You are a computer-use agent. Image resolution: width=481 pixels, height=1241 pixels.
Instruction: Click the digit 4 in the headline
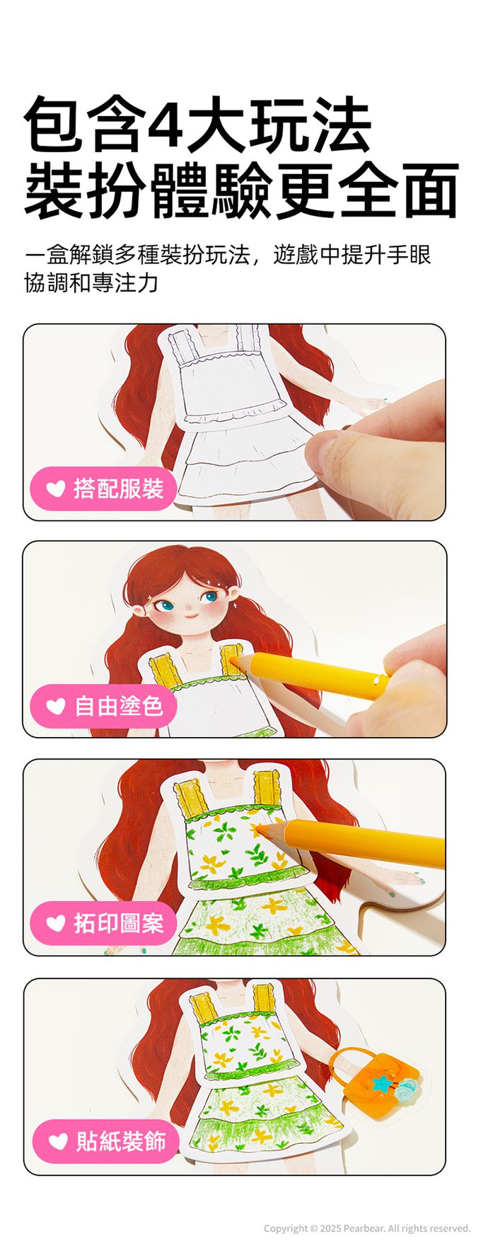coord(168,125)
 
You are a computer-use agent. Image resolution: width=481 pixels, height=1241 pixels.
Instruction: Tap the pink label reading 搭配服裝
coord(103,488)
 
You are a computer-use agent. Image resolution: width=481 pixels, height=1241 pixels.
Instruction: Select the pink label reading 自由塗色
coord(103,706)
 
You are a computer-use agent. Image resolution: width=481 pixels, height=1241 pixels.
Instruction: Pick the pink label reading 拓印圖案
coord(103,923)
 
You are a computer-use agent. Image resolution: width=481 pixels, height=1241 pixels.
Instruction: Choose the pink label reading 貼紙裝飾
coord(105,1141)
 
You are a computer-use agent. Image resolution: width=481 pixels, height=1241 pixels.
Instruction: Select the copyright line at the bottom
coord(367,1228)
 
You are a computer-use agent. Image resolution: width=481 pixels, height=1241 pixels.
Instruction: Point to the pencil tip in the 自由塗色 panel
coord(228,657)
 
